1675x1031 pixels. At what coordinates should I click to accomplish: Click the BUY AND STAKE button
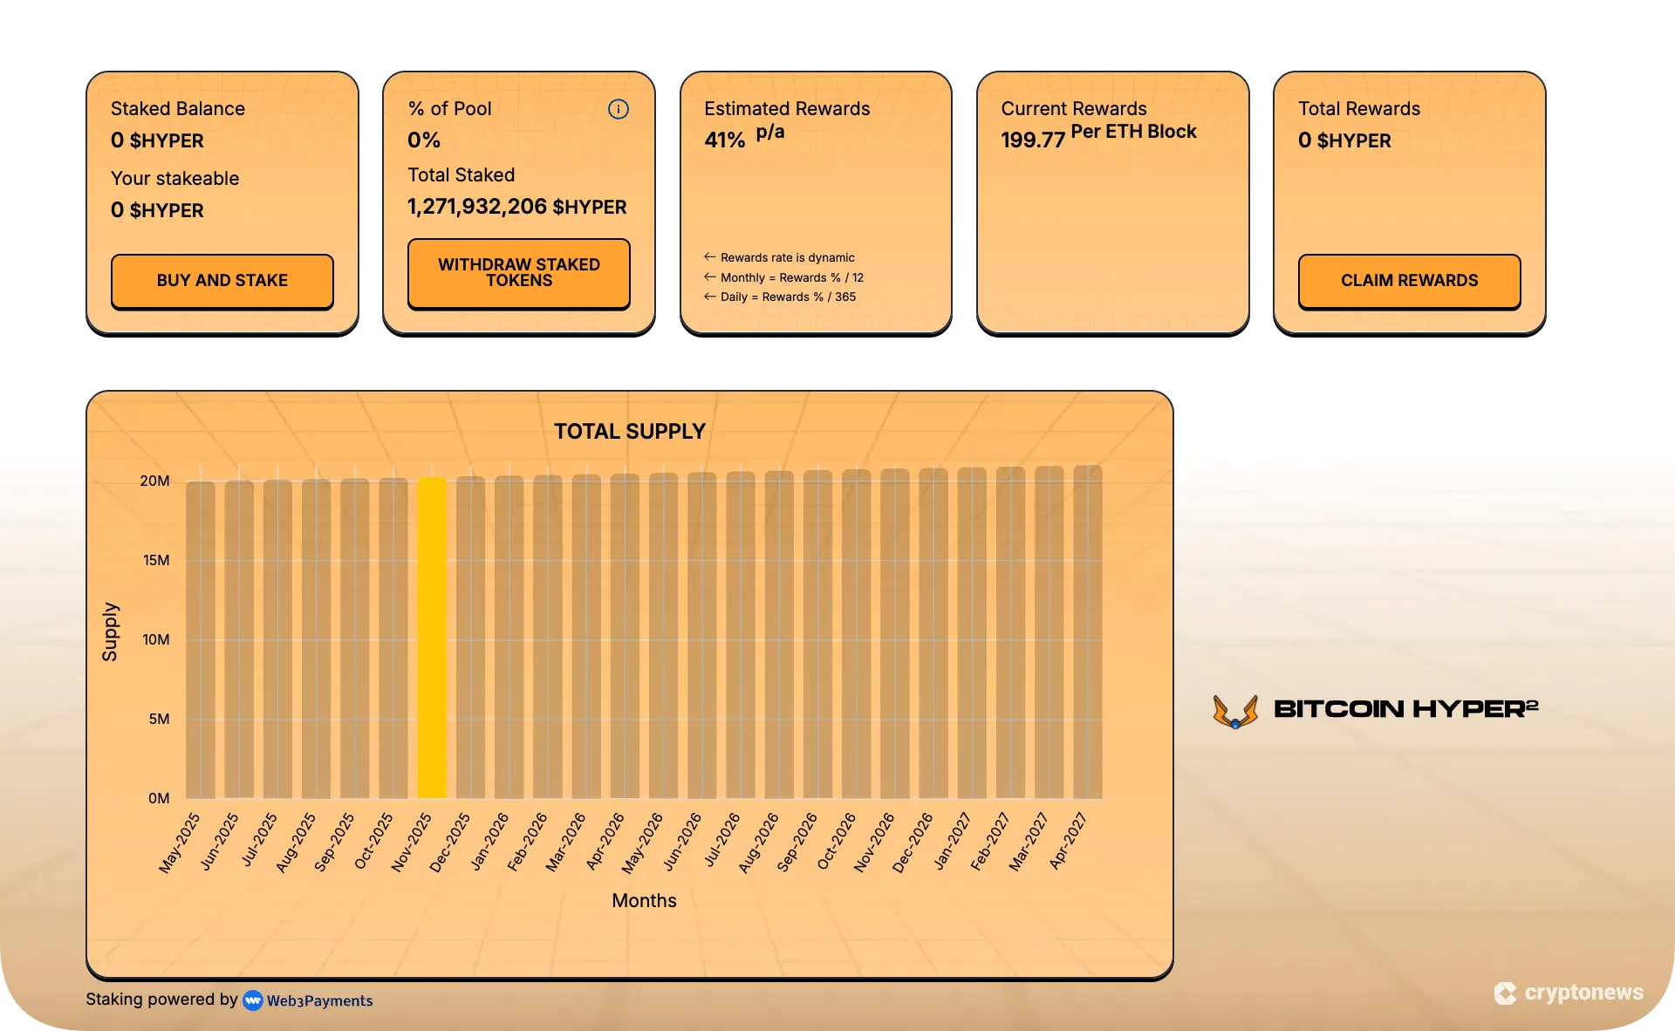(222, 281)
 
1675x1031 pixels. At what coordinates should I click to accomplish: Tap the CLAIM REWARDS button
(1409, 281)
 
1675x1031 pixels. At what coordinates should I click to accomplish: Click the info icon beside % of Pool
(618, 109)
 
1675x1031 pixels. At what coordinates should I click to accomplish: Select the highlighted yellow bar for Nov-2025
(432, 637)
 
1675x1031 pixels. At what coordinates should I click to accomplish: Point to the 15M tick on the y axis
(156, 560)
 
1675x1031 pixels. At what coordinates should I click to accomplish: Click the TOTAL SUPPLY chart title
(629, 432)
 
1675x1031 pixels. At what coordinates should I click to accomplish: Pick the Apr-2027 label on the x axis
(1069, 841)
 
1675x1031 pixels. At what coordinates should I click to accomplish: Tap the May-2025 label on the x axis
(180, 843)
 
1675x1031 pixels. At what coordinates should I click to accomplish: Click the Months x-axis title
(644, 901)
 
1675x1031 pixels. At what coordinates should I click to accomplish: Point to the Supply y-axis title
(110, 632)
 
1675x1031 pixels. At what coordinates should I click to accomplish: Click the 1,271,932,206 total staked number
(477, 207)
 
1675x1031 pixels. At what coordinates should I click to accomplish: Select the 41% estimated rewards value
(725, 140)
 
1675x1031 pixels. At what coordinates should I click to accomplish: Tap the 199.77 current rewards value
(1033, 140)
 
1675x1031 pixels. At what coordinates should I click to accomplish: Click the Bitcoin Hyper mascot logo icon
(1235, 711)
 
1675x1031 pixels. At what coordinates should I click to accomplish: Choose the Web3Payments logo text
(319, 1000)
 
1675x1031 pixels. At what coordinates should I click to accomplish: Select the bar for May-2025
(201, 639)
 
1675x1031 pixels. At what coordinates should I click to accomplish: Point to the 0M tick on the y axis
(159, 798)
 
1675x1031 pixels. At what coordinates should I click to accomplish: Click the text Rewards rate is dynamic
(787, 258)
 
